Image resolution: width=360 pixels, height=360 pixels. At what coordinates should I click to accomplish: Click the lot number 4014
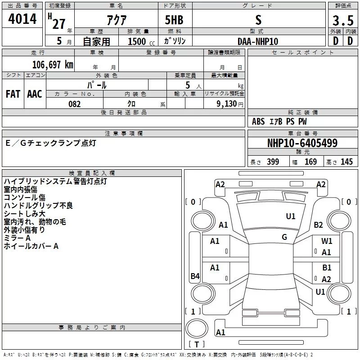pos(22,19)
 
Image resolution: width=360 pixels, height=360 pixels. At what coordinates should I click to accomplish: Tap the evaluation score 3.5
pos(343,20)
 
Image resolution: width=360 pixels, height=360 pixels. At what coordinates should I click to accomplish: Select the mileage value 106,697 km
pos(53,65)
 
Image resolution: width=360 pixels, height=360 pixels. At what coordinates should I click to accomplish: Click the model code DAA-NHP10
pos(258,41)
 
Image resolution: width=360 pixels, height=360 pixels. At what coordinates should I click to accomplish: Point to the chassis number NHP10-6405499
pos(302,143)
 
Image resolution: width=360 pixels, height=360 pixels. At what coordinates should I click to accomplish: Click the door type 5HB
pos(174,20)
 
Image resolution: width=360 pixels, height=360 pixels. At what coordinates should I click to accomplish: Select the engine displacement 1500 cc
pos(141,41)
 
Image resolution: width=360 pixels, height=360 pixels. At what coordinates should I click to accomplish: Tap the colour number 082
pos(75,104)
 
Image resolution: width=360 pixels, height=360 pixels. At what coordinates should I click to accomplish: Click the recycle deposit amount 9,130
pos(227,104)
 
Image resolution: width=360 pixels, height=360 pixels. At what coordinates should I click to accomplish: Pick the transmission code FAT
pos(13,94)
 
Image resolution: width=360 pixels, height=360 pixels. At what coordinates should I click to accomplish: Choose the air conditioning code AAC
pos(35,94)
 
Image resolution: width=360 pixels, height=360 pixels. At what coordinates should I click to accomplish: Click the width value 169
pos(310,162)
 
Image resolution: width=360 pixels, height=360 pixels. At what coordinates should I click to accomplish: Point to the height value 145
pos(346,162)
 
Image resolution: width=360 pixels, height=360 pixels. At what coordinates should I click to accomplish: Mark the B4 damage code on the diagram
pos(195,276)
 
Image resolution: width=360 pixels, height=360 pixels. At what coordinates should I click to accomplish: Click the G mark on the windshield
pos(284,237)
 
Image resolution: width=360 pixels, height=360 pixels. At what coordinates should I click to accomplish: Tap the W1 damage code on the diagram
pos(327,241)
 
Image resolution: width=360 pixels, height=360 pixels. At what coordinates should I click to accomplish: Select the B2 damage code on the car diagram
pos(319,225)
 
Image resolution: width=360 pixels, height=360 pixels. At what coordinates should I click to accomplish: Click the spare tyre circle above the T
pos(197,328)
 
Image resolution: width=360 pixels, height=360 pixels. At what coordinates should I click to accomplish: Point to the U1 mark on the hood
pos(291,216)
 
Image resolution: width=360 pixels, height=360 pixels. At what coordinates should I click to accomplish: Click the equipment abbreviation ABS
pos(258,121)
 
